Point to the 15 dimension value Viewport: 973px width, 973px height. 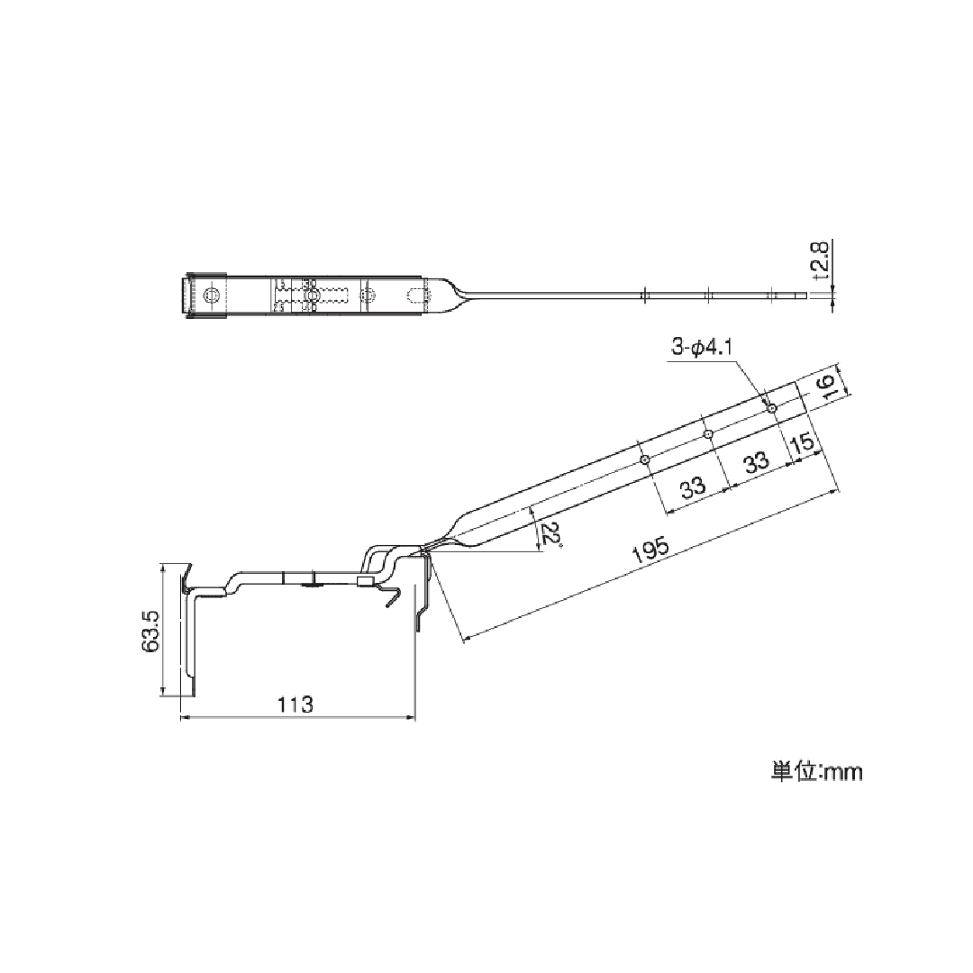coord(803,444)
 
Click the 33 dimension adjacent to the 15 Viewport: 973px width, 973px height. coord(757,462)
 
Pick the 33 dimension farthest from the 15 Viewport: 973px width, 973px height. coord(692,489)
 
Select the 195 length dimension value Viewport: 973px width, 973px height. coord(649,550)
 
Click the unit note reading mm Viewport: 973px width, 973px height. coord(816,772)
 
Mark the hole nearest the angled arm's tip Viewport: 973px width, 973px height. coord(772,407)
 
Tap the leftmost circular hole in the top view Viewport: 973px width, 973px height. coord(212,296)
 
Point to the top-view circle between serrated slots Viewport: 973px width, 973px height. coord(312,296)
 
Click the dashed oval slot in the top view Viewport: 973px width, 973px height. coord(416,295)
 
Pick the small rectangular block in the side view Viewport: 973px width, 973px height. coord(364,582)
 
